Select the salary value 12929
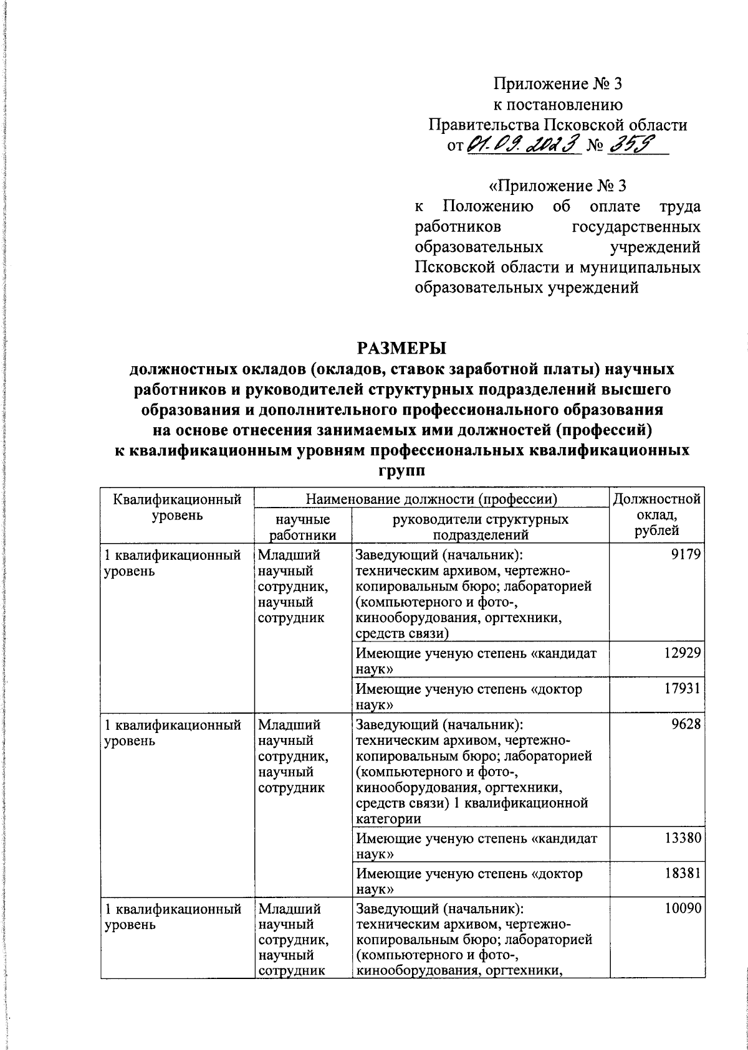(684, 652)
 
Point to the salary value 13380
(684, 838)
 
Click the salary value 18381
(684, 873)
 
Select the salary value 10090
(684, 909)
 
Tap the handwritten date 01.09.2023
(522, 145)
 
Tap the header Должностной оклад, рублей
(657, 514)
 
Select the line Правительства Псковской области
(558, 125)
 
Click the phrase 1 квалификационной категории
(472, 811)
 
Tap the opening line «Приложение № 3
(557, 186)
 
